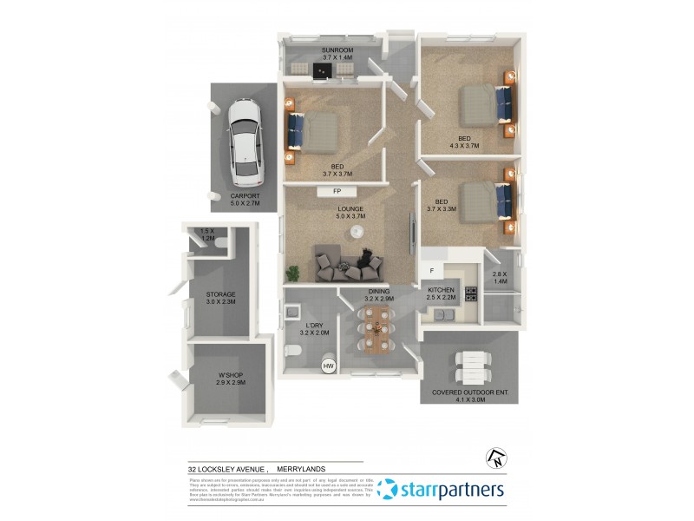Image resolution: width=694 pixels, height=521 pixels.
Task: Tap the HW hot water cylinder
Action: pos(328,366)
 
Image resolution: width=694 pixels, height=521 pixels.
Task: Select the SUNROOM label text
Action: pos(337,50)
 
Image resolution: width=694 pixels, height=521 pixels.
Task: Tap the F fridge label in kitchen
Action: pos(431,271)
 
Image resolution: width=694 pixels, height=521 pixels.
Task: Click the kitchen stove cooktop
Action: pos(471,293)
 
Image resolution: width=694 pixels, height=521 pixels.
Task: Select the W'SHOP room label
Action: pos(231,375)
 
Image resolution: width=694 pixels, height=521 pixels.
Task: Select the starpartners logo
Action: pos(442,490)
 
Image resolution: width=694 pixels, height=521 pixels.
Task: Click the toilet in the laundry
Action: pos(292,351)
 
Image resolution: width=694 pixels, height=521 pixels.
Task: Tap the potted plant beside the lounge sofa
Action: pos(295,273)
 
